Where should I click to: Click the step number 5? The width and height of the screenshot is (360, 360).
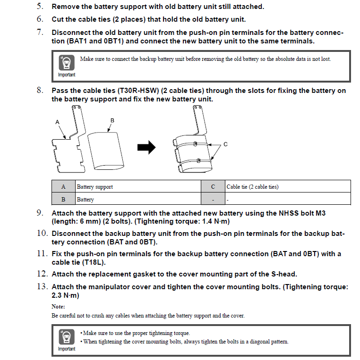[40, 7]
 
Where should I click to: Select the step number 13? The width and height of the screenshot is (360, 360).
[43, 286]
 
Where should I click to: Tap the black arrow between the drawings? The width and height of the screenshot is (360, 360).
[146, 148]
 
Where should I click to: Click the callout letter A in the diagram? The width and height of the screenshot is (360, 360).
[58, 122]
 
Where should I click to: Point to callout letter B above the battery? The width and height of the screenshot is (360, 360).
[112, 121]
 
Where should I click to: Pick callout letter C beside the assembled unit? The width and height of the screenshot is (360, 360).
[225, 144]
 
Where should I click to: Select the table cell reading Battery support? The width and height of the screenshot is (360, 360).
[95, 187]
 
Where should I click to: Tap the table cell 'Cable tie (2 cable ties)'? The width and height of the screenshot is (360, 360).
[252, 187]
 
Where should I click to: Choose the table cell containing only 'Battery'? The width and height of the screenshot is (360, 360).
[86, 200]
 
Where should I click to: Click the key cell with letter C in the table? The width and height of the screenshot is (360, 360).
[213, 187]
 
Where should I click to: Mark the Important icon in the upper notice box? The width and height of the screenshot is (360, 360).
[67, 63]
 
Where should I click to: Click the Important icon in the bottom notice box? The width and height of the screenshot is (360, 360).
[67, 337]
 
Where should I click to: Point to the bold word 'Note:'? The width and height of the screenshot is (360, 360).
[58, 307]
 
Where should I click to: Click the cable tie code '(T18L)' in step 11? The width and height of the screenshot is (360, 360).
[94, 262]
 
